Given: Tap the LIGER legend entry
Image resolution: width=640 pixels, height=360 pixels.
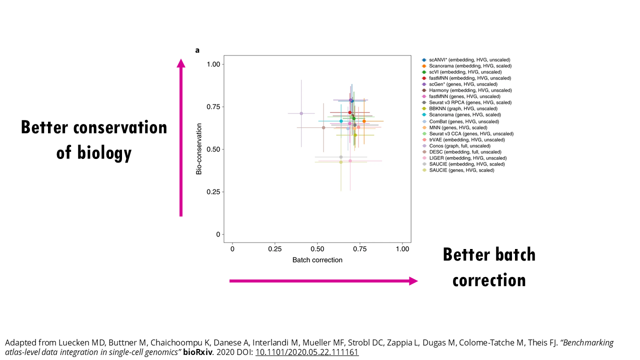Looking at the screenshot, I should coord(467,158).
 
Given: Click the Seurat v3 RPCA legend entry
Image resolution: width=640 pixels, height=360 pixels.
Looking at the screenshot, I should coord(470,102).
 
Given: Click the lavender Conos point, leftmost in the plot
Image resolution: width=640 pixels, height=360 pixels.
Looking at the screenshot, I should coord(301,113).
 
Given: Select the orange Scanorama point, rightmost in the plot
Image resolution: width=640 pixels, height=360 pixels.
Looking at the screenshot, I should coord(364,121).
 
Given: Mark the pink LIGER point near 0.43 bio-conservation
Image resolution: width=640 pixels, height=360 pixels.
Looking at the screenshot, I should coord(350,160).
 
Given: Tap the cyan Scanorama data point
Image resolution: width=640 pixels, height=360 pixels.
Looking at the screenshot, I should coord(341,121).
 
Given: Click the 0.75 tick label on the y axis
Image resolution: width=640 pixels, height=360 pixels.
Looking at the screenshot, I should coord(213,106).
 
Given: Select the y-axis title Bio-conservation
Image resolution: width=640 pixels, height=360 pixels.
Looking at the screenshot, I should coord(199,149).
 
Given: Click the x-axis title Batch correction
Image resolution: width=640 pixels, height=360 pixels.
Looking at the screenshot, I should coord(317,260).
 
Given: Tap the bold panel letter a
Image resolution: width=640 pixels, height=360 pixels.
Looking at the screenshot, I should coord(197,50).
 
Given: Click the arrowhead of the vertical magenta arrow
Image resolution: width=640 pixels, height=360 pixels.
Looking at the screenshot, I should coord(181,62).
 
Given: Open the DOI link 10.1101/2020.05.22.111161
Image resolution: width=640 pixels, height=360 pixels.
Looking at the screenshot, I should coord(307,352).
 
